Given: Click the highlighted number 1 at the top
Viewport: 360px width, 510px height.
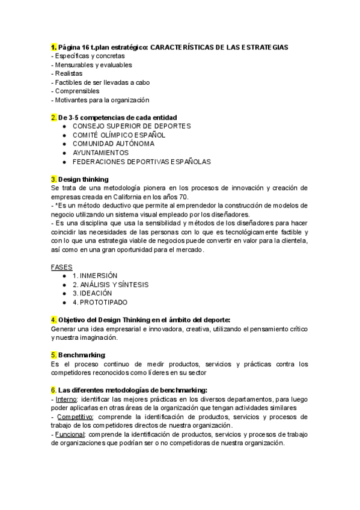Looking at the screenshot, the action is (54, 47).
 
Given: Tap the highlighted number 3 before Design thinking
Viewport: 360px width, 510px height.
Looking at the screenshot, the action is (54, 179).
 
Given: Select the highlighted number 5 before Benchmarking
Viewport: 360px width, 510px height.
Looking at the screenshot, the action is (54, 355).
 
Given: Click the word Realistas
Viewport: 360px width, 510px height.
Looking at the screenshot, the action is (69, 73).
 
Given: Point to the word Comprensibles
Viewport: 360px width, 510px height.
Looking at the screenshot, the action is (77, 91).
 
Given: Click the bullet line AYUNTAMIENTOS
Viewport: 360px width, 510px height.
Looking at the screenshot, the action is (100, 153).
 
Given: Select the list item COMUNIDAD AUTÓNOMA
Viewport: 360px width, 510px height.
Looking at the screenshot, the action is (113, 144).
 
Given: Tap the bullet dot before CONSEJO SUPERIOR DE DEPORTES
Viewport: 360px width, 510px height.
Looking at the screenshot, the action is (64, 126).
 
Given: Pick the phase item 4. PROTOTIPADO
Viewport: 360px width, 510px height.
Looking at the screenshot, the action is (100, 302).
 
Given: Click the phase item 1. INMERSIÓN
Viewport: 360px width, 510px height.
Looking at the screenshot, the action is (95, 275).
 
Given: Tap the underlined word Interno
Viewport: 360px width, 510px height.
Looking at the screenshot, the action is (66, 399).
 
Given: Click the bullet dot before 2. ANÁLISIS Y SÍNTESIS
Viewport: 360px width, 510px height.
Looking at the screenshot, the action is (64, 284).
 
